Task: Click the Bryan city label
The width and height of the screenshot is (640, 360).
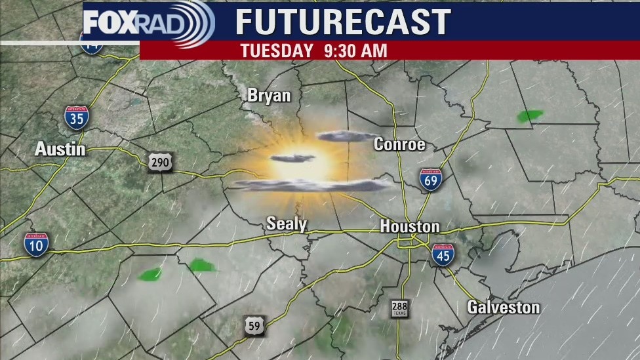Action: (x=269, y=96)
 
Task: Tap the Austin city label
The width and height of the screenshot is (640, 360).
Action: (x=60, y=150)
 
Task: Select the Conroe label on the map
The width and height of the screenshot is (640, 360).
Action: (x=399, y=144)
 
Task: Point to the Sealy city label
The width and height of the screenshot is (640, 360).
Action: (x=287, y=224)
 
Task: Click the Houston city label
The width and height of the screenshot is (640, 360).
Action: (x=410, y=227)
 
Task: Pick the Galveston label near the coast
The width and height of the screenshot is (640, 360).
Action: (x=504, y=307)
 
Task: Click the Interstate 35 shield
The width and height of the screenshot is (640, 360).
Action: (x=77, y=117)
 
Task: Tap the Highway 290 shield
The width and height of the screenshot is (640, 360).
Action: (x=160, y=162)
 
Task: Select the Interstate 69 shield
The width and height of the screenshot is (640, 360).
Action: (x=431, y=179)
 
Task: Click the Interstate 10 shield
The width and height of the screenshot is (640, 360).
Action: (x=36, y=244)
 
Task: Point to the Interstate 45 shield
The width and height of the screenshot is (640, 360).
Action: (x=443, y=255)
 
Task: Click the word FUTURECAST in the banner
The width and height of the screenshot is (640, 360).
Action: (x=343, y=22)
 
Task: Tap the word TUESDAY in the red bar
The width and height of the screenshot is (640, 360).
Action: (x=277, y=50)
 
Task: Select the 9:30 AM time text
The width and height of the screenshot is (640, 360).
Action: (x=355, y=50)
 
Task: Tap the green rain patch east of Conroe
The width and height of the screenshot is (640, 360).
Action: (x=529, y=116)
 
